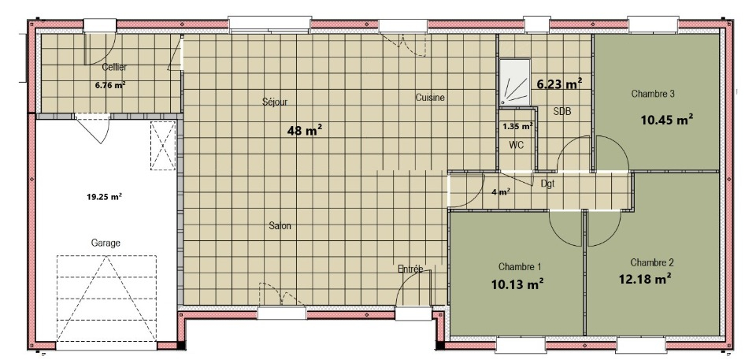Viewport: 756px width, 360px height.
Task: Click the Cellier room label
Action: tap(114, 68)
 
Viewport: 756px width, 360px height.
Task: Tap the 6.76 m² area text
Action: tap(111, 85)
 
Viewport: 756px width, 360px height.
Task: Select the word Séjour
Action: tap(276, 102)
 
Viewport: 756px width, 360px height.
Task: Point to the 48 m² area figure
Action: tap(305, 130)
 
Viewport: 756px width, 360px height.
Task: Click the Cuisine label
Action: tap(430, 98)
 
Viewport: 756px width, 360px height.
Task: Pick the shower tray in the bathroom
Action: tap(515, 82)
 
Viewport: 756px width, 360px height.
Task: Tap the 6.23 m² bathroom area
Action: tap(559, 84)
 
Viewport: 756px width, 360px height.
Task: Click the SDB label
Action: tap(562, 112)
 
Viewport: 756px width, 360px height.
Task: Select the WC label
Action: tap(516, 144)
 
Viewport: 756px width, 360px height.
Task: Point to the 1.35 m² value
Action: tap(517, 127)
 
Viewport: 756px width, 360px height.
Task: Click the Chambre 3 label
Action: tap(653, 94)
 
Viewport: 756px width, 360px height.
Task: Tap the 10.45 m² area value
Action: tap(667, 119)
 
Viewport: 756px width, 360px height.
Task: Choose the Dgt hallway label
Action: tap(548, 184)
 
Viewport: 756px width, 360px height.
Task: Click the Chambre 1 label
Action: tap(520, 266)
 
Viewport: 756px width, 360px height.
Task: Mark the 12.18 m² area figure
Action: tap(645, 278)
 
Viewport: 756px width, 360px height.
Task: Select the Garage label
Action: tap(106, 243)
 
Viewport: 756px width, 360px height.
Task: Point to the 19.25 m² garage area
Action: tap(104, 196)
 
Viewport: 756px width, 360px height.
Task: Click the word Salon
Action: tap(280, 226)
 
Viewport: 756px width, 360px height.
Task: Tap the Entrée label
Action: tap(410, 269)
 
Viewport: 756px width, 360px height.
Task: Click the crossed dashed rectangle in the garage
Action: tap(163, 146)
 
